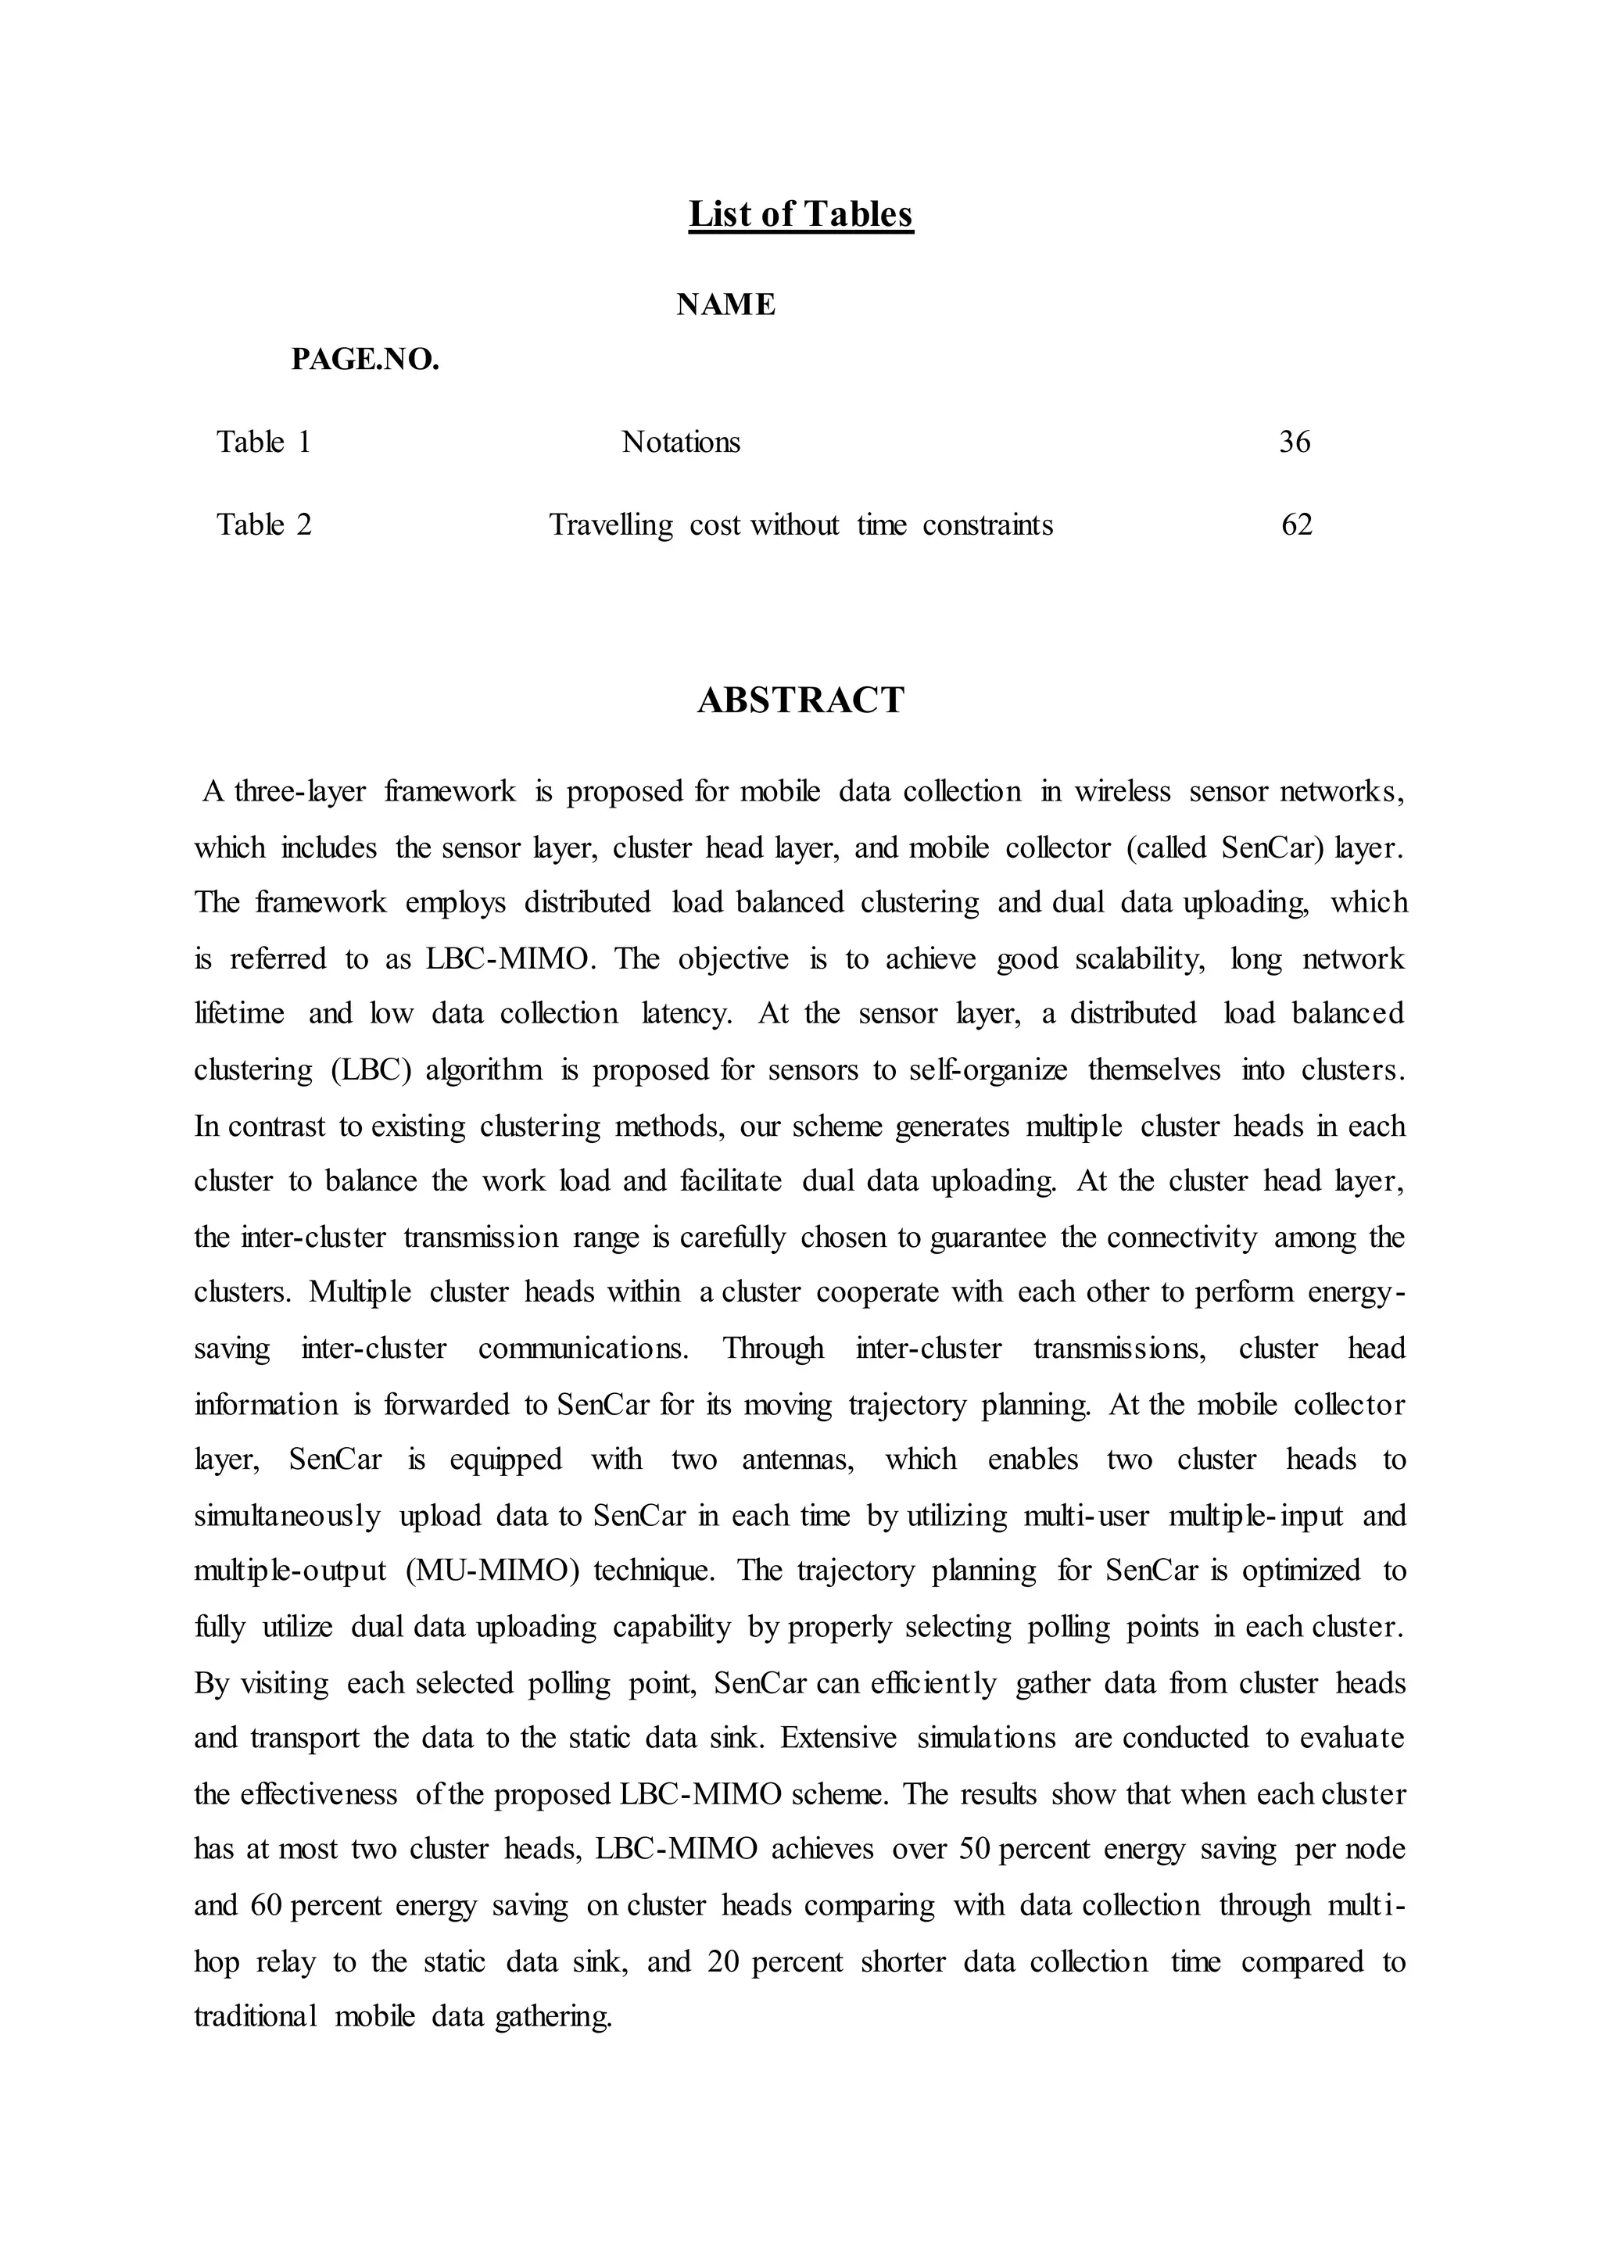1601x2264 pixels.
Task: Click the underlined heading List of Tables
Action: pos(800,214)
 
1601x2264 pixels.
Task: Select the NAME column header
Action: pos(725,305)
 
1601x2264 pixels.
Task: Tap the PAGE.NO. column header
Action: pos(365,360)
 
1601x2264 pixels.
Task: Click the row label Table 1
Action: pos(264,442)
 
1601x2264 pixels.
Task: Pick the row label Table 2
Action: pos(264,525)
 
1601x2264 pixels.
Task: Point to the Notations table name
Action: pos(680,442)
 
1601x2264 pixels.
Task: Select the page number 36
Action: pos(1295,442)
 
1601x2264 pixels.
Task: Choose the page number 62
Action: pos(1296,525)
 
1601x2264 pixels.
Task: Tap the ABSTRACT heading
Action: pos(800,700)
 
